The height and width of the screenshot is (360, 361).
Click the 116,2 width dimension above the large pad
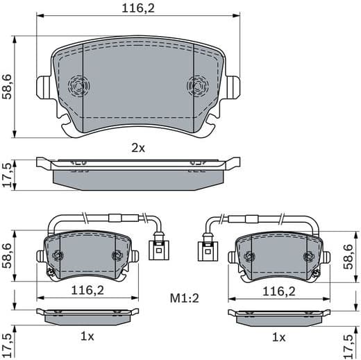click(x=139, y=9)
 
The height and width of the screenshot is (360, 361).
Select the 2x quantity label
click(x=138, y=148)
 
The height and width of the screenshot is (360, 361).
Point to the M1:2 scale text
click(x=185, y=298)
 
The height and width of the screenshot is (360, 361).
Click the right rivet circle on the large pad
click(x=197, y=87)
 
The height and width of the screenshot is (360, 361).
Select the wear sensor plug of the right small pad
click(x=206, y=248)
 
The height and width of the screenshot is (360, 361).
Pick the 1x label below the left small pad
click(x=88, y=336)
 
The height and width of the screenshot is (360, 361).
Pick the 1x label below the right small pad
click(x=279, y=336)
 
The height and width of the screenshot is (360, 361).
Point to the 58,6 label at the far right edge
click(x=354, y=255)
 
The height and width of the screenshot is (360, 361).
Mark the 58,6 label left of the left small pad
click(x=7, y=255)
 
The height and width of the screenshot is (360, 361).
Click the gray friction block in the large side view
click(x=139, y=178)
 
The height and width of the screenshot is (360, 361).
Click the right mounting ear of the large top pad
click(x=235, y=87)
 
